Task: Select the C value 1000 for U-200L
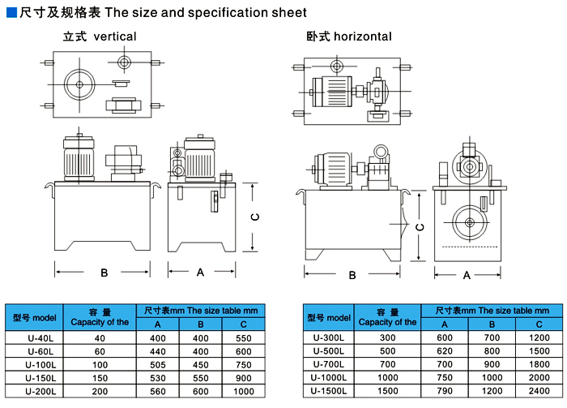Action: (244, 390)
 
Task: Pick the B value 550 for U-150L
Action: (201, 377)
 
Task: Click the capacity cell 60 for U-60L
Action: (100, 351)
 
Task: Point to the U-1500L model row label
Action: (329, 390)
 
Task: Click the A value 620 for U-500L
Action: (445, 351)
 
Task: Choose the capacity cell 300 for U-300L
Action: (387, 337)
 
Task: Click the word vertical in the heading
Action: (115, 37)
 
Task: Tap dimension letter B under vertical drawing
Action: (104, 273)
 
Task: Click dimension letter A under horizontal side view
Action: (467, 275)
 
